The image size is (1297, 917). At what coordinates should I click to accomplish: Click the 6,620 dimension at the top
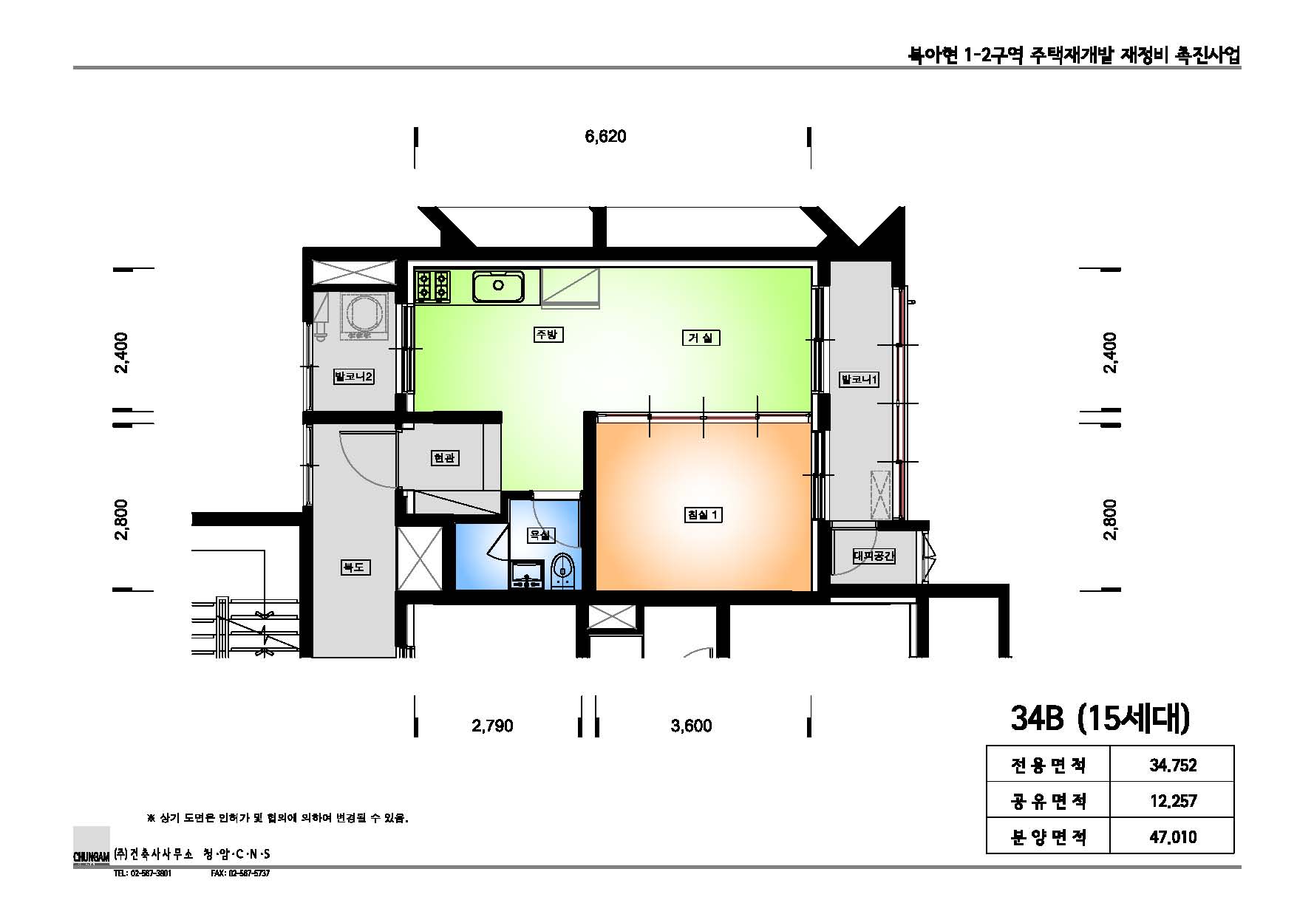605,137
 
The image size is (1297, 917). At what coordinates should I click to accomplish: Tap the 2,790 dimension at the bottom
492,726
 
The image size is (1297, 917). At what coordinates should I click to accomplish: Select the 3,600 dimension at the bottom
691,726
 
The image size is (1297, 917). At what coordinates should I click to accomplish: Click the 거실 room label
700,338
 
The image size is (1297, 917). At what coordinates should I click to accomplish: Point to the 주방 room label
548,335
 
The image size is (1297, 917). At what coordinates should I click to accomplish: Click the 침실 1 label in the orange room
703,514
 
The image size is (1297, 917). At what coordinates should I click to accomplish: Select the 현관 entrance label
444,458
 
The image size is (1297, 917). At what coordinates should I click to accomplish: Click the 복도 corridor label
354,567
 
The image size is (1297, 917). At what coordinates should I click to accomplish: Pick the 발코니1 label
859,380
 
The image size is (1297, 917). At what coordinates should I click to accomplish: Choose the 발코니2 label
354,377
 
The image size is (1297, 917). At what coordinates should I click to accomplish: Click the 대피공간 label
874,556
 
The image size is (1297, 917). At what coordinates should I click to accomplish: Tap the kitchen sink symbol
499,286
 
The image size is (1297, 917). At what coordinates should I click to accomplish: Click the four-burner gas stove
433,286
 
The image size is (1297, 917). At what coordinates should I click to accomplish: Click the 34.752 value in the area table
1172,765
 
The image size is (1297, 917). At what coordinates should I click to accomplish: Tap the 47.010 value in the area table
1172,836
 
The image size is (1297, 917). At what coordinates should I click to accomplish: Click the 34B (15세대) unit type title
1100,718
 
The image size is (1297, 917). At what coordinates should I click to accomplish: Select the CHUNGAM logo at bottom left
92,846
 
